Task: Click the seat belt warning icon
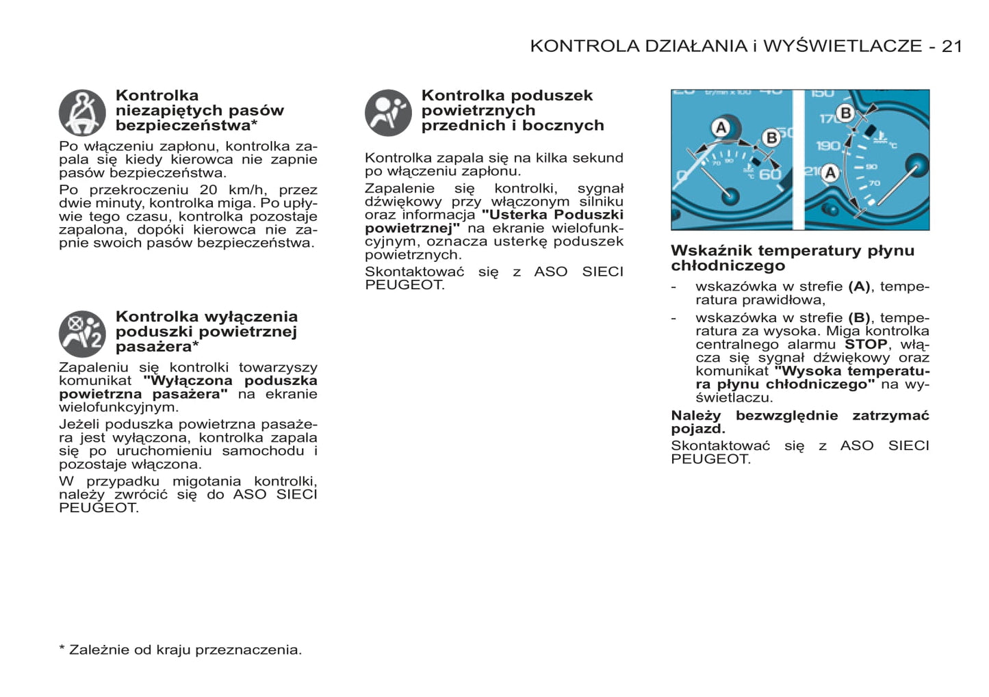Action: (82, 113)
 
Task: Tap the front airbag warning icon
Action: (388, 113)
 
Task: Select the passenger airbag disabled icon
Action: (82, 334)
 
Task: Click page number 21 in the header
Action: (952, 46)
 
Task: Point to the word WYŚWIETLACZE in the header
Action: (843, 46)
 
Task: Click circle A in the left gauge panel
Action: (721, 128)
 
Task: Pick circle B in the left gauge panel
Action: (771, 137)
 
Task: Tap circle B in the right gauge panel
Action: (846, 113)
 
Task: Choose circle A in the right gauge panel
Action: (830, 172)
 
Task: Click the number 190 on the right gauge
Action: (828, 146)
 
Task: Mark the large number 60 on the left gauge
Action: (770, 174)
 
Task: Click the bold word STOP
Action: (866, 344)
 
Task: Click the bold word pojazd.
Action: (698, 429)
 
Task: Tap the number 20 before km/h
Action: (208, 190)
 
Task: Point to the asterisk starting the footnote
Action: (62, 648)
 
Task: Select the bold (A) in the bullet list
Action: (859, 287)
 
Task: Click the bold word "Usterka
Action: (515, 215)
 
